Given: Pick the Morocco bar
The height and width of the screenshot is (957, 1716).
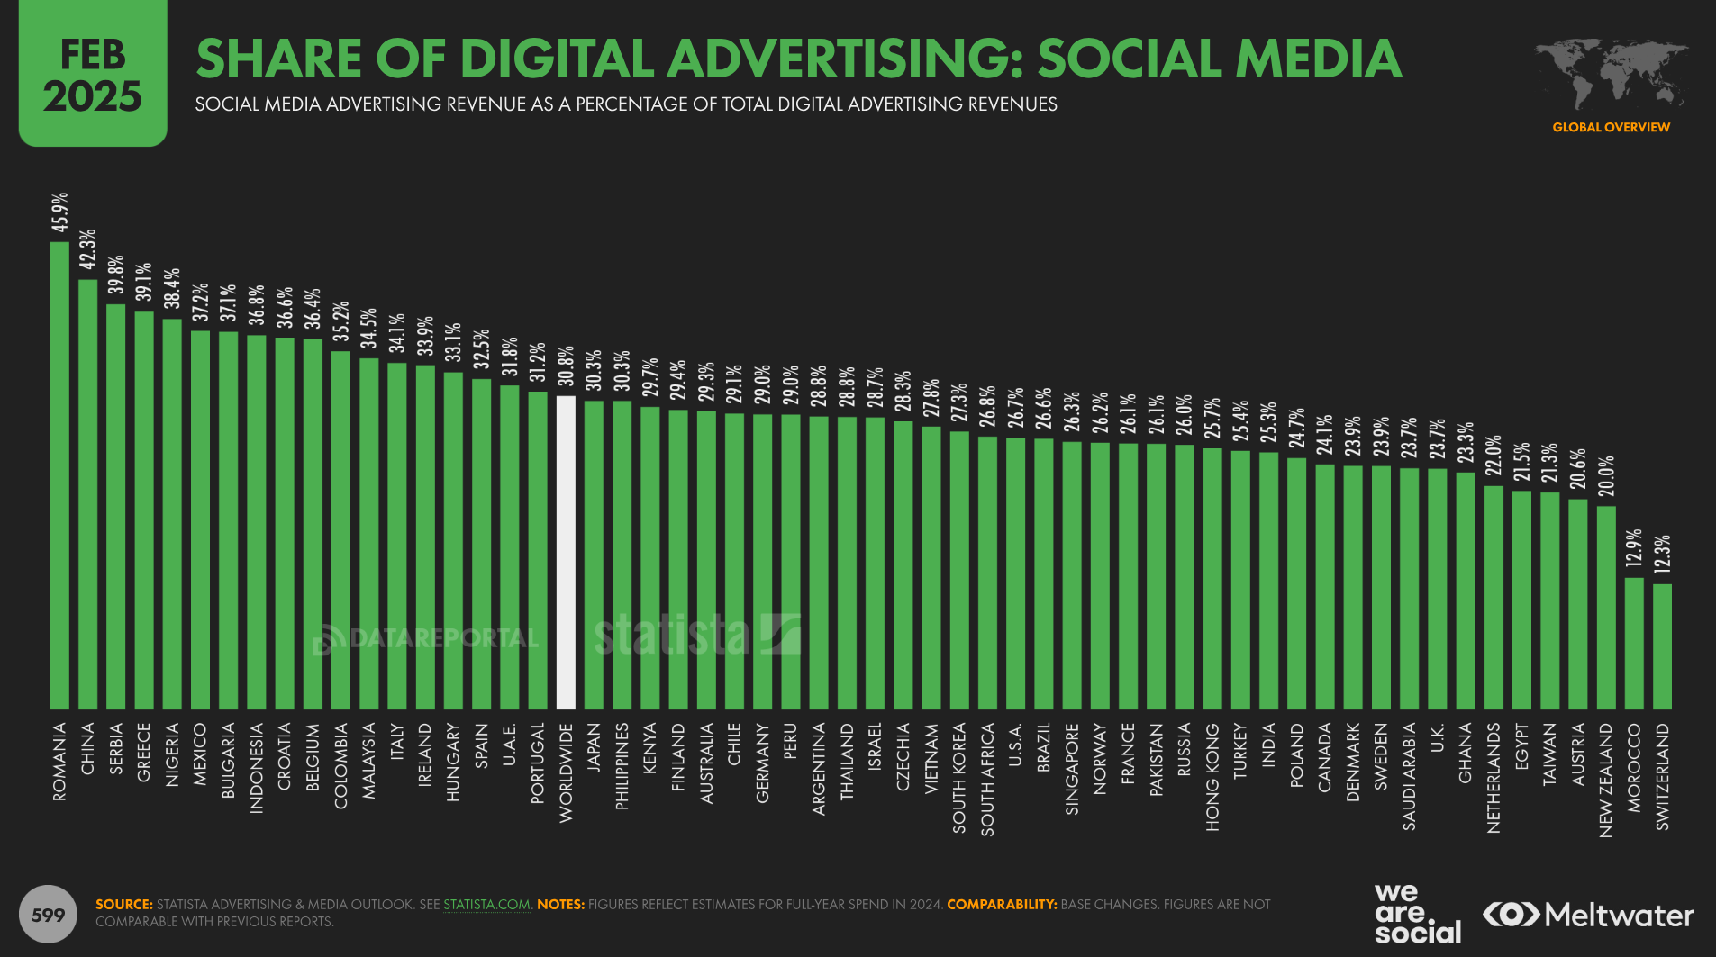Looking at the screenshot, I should coord(1634,643).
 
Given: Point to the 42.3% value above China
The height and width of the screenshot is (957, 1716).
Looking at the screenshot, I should coord(87,249).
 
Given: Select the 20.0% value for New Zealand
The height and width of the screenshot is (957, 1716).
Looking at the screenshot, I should coord(1606,477).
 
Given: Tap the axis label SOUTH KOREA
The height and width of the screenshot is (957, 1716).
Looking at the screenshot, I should coord(959,777).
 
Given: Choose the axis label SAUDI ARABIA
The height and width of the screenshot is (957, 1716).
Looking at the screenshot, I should coord(1409,775).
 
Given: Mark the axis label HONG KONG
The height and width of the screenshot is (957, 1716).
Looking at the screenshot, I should coord(1212,776).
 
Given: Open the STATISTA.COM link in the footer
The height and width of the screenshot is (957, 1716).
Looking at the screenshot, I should coord(486,904).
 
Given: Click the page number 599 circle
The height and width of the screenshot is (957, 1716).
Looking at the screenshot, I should coord(48,916).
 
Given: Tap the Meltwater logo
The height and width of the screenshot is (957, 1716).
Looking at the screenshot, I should coord(1589,916).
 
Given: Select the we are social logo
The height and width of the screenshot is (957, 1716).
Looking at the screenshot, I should coord(1417,914).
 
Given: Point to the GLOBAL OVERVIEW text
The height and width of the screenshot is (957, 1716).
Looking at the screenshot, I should coord(1611,127).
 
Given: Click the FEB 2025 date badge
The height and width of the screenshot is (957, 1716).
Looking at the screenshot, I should coord(93,75).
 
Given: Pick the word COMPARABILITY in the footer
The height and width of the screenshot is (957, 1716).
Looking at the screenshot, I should coord(1002,904).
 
